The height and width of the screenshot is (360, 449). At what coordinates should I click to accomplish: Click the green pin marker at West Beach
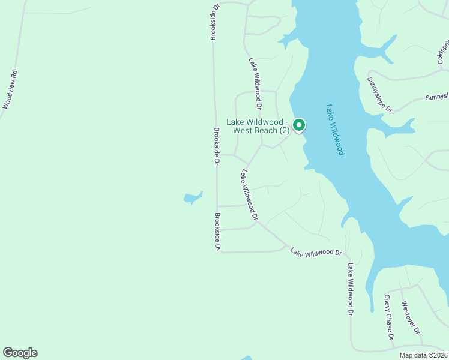(x=299, y=125)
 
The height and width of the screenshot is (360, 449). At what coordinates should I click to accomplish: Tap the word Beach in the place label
(x=265, y=130)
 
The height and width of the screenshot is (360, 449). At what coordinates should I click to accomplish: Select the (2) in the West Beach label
(x=285, y=130)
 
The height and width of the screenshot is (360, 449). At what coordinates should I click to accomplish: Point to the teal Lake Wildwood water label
(x=335, y=130)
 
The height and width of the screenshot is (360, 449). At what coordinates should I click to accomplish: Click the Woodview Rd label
(x=10, y=90)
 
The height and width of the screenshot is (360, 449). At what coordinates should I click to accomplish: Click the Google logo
(x=20, y=353)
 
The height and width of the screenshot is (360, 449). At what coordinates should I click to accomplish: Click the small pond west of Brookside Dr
(x=192, y=197)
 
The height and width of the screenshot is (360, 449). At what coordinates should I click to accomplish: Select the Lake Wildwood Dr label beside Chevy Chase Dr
(x=349, y=289)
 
